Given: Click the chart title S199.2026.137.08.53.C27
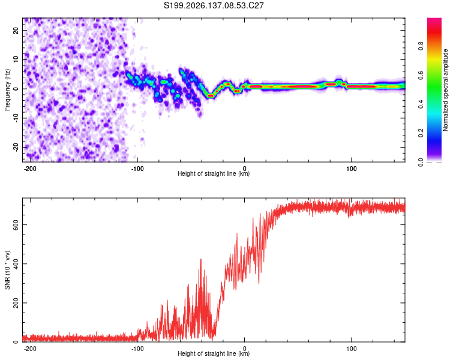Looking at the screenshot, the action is coord(214,5).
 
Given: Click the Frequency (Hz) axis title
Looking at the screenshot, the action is coord(7,90).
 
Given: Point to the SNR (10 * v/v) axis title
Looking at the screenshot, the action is coord(7,270).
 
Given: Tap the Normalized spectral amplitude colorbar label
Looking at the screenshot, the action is coord(445,90).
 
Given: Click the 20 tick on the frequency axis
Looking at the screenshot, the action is coord(16,30).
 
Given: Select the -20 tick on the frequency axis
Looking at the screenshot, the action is coord(16,147).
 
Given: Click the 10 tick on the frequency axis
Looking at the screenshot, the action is coord(16,59).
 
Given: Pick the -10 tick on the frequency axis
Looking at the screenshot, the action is coord(16,118).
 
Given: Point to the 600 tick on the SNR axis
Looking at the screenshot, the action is coord(16,224).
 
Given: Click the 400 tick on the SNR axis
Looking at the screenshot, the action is coord(16,263).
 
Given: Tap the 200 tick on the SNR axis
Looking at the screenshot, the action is coord(16,302).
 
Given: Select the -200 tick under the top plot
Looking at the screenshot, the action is coord(30,169).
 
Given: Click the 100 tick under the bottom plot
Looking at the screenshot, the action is coord(351,349).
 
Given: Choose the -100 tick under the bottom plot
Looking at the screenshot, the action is coord(137,349).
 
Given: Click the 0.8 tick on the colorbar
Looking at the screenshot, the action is coord(421,46).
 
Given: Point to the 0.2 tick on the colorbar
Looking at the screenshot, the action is coord(421,133).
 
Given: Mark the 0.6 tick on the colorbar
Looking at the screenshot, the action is coord(421,75).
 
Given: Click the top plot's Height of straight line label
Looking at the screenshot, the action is coord(214,173).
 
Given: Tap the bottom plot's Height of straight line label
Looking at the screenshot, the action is coord(214,353).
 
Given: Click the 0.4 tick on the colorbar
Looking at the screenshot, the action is coord(421,104).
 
